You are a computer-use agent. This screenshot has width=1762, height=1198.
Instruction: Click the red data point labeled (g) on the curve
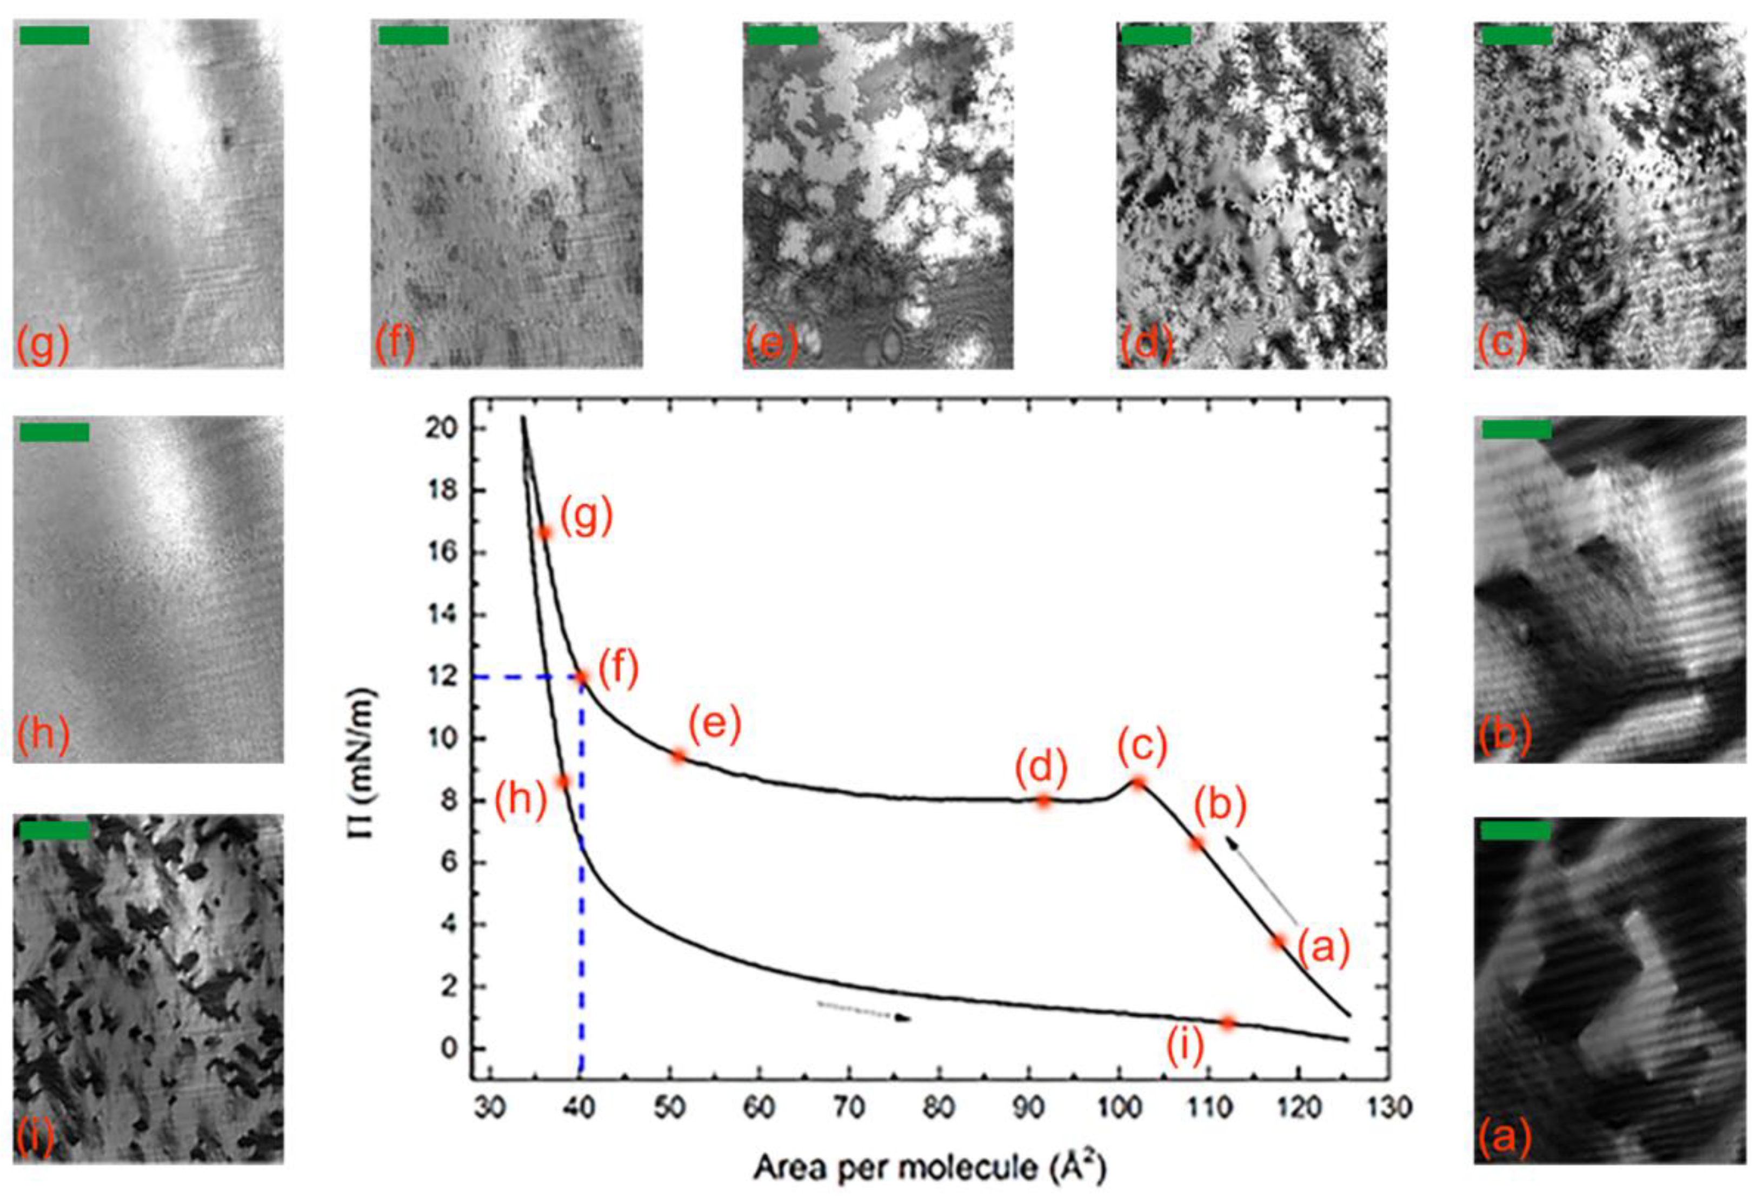tap(543, 533)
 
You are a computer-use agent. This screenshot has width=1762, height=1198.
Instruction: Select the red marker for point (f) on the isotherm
tap(582, 676)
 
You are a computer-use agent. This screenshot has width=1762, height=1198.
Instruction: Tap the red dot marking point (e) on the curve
tap(679, 756)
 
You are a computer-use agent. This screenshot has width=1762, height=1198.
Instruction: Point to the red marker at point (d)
tap(1044, 802)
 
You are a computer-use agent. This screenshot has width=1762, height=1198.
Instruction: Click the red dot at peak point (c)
tap(1139, 783)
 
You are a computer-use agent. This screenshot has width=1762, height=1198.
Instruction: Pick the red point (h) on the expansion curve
tap(563, 781)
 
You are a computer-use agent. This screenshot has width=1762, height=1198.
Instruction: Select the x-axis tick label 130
tap(1389, 1109)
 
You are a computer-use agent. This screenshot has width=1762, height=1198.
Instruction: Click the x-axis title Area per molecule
tap(929, 1168)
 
